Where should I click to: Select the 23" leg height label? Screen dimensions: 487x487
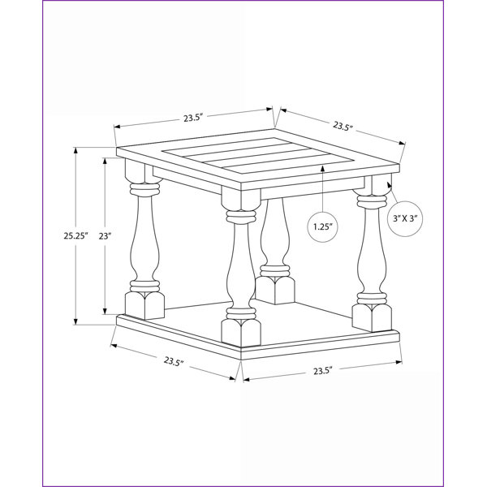[x=105, y=236]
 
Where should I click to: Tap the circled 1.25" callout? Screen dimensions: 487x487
[x=323, y=226]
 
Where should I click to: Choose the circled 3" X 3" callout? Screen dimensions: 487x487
[x=405, y=218]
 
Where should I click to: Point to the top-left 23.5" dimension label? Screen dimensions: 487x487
[x=193, y=118]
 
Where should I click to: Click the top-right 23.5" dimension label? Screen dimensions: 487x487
[x=343, y=127]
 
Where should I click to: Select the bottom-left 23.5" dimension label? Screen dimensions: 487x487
[x=174, y=361]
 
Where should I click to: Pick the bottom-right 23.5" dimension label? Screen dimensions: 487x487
[x=323, y=371]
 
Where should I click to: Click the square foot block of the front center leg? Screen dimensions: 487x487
[x=241, y=334]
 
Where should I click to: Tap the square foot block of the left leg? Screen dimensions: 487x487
[x=144, y=305]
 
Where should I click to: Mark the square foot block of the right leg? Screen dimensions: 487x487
[x=372, y=317]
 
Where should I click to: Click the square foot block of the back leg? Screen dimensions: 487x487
[x=275, y=290]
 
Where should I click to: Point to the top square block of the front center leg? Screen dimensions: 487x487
[x=241, y=198]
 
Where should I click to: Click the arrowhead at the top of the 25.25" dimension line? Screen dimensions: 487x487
[x=75, y=150]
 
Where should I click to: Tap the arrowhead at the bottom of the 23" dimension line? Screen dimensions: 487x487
[x=105, y=311]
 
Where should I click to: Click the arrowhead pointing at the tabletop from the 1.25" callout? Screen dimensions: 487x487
[x=323, y=169]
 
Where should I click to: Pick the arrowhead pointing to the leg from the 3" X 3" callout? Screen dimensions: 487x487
[x=389, y=185]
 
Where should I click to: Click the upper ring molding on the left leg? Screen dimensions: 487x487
[x=144, y=188]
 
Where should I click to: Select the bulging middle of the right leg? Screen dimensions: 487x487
[x=372, y=261]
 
